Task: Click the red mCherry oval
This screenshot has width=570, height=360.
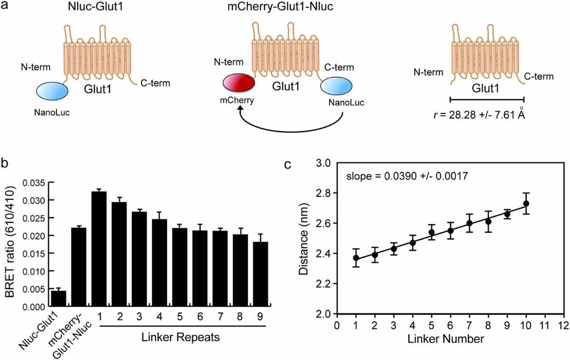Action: click(x=238, y=83)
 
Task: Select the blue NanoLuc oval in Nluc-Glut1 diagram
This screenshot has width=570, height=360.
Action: click(x=52, y=91)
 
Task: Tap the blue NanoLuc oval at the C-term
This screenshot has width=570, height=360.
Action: click(x=336, y=86)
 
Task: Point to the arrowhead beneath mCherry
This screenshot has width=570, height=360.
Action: click(x=240, y=108)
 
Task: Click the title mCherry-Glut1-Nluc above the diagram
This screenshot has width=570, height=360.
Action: click(x=280, y=6)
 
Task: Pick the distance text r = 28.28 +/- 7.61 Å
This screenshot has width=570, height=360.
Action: click(x=479, y=114)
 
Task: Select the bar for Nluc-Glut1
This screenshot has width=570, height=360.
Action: click(x=58, y=298)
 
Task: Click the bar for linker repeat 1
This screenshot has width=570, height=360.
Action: click(x=99, y=249)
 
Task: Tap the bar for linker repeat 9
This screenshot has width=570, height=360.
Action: click(x=260, y=274)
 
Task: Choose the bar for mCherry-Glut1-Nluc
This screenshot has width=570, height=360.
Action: click(x=79, y=267)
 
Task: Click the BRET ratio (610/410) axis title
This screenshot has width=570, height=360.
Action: click(x=10, y=241)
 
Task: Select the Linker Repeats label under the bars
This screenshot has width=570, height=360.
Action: click(x=180, y=337)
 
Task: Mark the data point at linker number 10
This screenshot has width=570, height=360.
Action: click(x=526, y=204)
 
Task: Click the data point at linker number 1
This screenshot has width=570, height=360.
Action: click(x=356, y=258)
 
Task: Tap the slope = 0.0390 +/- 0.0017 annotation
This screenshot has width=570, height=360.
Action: click(x=407, y=176)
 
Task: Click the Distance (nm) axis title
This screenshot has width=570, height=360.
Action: click(x=304, y=239)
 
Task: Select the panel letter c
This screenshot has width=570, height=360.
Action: click(x=287, y=164)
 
